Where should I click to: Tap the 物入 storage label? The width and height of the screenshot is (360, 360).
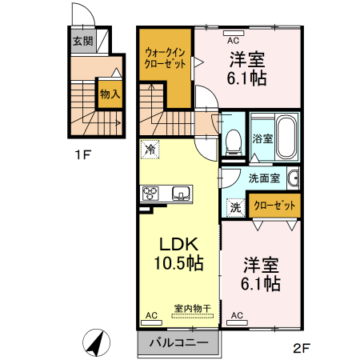110,94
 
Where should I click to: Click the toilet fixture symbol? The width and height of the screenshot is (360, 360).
234,142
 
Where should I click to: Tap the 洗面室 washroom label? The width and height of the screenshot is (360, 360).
263,178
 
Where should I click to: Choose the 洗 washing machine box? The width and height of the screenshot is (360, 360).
235,206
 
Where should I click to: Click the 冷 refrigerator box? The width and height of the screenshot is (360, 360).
150,149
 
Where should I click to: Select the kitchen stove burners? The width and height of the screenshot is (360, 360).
152,193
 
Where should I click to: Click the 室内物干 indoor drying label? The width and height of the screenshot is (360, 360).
191,307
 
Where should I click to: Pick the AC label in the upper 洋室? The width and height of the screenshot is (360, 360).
233,39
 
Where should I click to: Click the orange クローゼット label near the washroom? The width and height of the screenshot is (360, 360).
274,205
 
